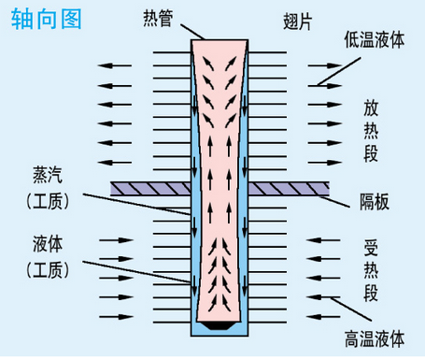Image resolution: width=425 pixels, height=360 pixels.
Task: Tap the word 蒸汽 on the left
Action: coord(44,174)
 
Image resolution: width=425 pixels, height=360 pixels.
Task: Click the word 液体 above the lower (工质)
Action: coord(44,245)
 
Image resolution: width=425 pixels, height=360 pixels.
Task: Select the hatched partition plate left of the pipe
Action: coord(149,188)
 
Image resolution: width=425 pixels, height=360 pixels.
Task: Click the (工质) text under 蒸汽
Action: coord(44,199)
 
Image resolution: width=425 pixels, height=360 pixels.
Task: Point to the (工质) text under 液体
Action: coord(44,270)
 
